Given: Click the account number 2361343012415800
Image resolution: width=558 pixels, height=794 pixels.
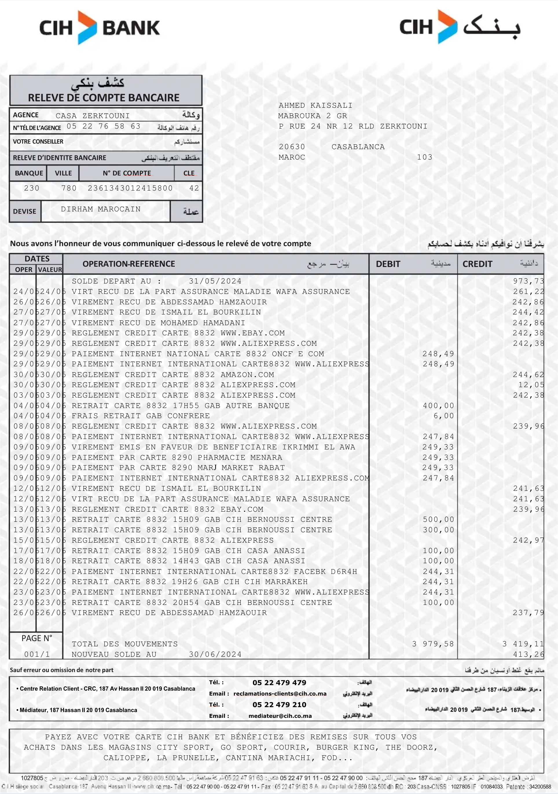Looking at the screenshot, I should click(x=130, y=188).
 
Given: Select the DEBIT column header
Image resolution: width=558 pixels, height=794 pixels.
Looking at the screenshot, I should click(x=388, y=264).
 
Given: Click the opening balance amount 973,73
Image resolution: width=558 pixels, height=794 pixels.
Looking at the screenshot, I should click(x=528, y=281).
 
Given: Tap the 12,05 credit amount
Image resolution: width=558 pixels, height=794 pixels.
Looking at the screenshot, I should click(x=531, y=385).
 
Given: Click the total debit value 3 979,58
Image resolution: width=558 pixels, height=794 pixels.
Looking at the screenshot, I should click(x=433, y=644).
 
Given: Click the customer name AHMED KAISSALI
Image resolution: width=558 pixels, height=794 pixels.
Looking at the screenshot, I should click(x=315, y=105).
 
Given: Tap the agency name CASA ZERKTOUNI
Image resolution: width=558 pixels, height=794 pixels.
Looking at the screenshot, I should click(x=93, y=116).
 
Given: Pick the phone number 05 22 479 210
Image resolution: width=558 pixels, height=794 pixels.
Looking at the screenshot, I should click(x=279, y=705).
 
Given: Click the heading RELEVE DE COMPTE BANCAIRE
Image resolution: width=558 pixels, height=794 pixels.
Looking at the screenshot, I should click(x=104, y=98).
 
